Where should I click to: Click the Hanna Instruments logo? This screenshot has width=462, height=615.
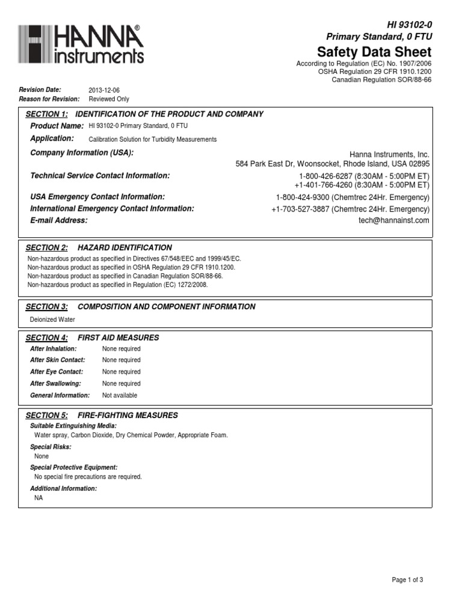(81, 44)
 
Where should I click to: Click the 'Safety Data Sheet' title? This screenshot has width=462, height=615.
(374, 52)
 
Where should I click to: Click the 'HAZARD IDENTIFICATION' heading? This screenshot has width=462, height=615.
(125, 247)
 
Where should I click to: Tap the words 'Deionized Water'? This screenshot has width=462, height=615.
(52, 320)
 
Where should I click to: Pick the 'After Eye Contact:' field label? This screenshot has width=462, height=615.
(56, 372)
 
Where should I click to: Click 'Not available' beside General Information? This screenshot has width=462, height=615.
(120, 395)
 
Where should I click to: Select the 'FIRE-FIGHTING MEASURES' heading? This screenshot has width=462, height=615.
(128, 415)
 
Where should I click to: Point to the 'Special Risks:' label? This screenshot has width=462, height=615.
(51, 447)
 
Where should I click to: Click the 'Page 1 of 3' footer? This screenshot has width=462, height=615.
(407, 580)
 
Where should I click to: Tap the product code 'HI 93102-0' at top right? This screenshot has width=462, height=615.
(408, 24)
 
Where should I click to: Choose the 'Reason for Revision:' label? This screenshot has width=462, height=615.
(49, 99)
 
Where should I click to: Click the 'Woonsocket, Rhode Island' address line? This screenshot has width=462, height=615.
(333, 163)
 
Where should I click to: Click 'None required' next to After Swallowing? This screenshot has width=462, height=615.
(122, 383)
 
